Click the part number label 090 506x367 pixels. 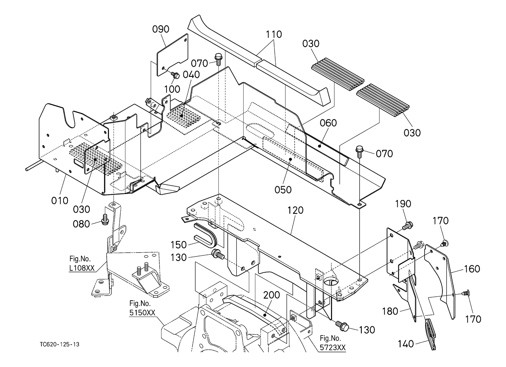(x=161, y=29)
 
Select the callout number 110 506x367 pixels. (x=274, y=34)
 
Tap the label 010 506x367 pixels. (x=60, y=201)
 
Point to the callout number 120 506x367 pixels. (x=295, y=210)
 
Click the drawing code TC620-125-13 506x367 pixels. (x=60, y=344)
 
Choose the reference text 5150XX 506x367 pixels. (x=142, y=313)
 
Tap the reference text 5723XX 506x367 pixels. (x=333, y=348)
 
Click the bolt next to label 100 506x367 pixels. (x=175, y=75)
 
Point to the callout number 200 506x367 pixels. (x=272, y=295)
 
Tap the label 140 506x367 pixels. (x=405, y=344)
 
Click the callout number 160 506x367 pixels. (x=472, y=269)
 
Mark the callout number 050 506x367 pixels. (x=283, y=190)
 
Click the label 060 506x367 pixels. (x=328, y=123)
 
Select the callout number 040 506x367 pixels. (x=191, y=75)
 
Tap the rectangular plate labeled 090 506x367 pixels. (x=172, y=54)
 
